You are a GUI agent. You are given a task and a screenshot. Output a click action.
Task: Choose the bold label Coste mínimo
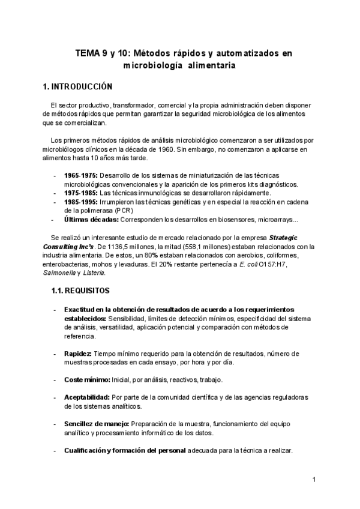pos(87,380)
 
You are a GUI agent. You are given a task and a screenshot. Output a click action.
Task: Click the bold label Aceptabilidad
pos(86,397)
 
